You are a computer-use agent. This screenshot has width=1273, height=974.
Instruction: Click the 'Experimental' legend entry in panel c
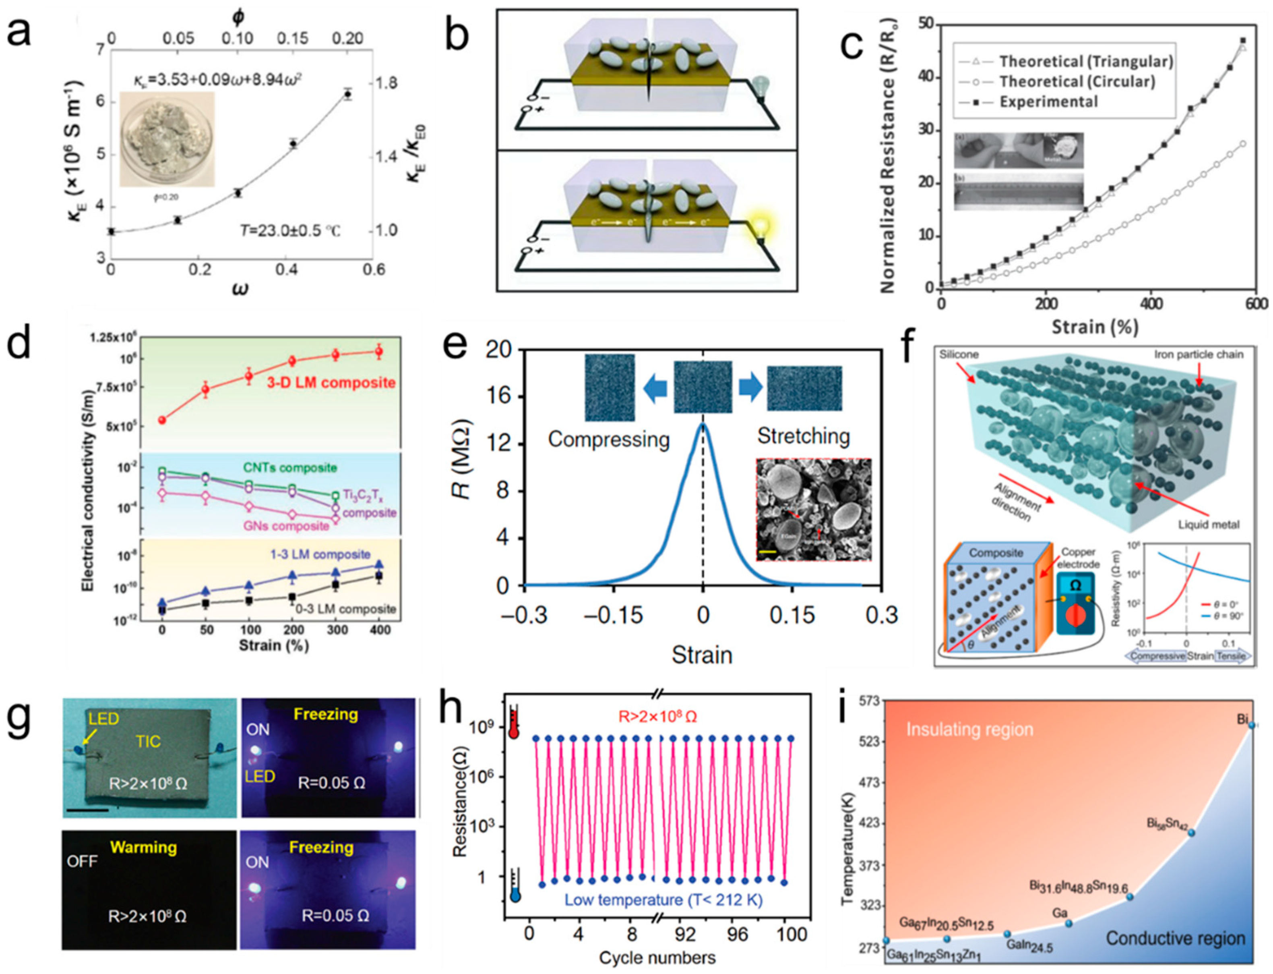click(1048, 102)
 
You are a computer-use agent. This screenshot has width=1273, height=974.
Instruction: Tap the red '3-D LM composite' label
click(331, 383)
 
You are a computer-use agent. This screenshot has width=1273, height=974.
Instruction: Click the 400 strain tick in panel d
click(379, 630)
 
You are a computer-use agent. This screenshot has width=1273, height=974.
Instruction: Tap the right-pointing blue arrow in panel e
click(750, 388)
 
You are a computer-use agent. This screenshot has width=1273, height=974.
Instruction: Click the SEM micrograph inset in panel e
click(813, 510)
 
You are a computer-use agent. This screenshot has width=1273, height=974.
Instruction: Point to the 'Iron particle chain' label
click(1198, 354)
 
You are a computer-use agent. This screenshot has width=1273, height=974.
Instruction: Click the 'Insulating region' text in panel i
click(969, 729)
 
